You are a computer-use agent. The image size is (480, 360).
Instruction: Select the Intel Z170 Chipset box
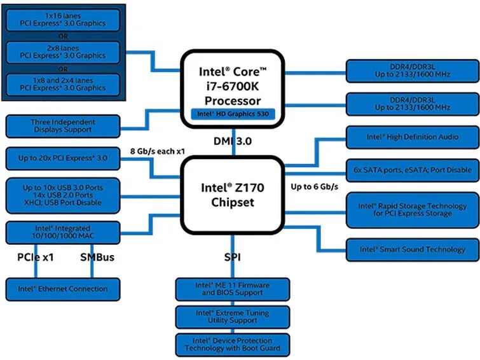click(x=232, y=195)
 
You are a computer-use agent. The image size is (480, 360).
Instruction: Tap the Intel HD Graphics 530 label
click(x=233, y=114)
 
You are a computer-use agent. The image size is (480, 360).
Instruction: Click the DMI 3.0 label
click(x=232, y=141)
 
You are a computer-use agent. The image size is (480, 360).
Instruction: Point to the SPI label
click(x=232, y=258)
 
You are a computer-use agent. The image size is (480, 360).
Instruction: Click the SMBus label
click(x=97, y=258)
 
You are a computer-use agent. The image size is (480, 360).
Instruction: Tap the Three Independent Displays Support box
click(x=62, y=126)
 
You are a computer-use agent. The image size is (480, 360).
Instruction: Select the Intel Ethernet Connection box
click(x=62, y=289)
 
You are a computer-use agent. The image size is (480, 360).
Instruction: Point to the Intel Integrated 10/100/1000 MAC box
click(x=62, y=232)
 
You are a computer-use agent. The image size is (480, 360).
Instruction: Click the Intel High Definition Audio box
click(x=412, y=137)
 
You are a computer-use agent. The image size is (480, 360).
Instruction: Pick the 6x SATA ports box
click(x=412, y=170)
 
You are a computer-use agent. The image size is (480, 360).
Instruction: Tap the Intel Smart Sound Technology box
click(x=412, y=249)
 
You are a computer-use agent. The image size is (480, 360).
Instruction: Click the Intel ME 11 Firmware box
click(x=232, y=289)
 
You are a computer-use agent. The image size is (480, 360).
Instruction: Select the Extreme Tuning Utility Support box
click(x=232, y=317)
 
